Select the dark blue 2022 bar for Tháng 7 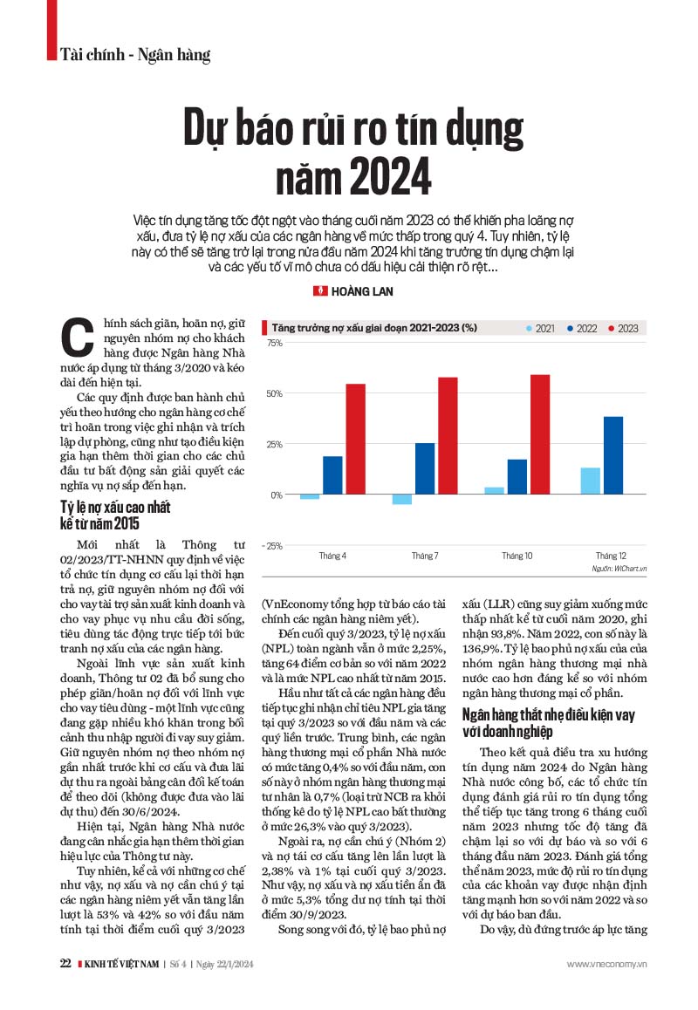coord(425,468)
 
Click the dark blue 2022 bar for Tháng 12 coord(613,455)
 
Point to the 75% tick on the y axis coord(275,343)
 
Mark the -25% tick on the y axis coord(274,546)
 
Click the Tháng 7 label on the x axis coord(425,556)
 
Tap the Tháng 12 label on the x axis coord(611,556)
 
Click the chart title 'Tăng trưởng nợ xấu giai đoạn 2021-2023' coord(375,328)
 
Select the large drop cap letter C coord(79,336)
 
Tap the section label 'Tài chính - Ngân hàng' coord(136,55)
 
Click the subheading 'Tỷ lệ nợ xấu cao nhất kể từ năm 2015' coord(115,515)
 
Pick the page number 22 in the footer coord(65,964)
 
